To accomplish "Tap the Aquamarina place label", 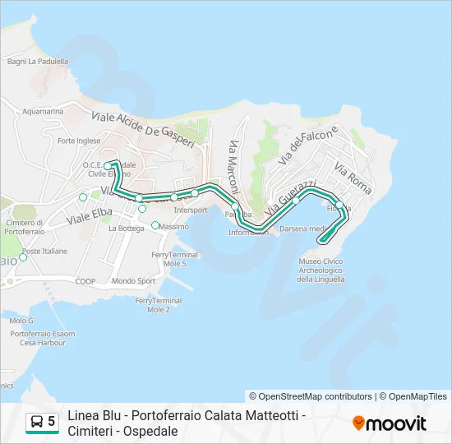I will pos(44,111).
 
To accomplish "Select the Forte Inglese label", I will pos(79,141).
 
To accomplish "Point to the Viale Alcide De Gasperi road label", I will pos(143,128).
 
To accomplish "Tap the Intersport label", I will pos(191,210).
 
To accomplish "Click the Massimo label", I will pos(174,226).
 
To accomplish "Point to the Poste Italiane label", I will pos(45,251).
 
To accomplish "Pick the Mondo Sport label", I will pos(134,280).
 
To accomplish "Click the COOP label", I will pos(86,280).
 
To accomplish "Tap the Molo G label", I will pos(21,320).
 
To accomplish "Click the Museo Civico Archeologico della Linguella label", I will pos(320,270).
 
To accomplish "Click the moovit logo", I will pos(390,423).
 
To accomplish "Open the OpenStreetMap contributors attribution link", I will pos(316,396).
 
